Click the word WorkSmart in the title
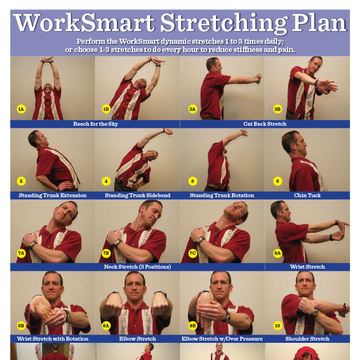pyautogui.click(x=84, y=24)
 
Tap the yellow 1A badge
pyautogui.click(x=21, y=109)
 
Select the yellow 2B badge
pyautogui.click(x=277, y=109)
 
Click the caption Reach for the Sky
pyautogui.click(x=95, y=124)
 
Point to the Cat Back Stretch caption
pyautogui.click(x=265, y=124)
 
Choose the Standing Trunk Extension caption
pyautogui.click(x=53, y=196)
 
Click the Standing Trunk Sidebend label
pyautogui.click(x=138, y=196)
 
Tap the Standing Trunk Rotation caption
pyautogui.click(x=222, y=196)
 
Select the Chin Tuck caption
pyautogui.click(x=307, y=196)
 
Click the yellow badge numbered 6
pyautogui.click(x=277, y=181)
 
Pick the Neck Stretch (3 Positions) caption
pyautogui.click(x=137, y=267)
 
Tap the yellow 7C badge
pyautogui.click(x=192, y=253)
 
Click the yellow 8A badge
pyautogui.click(x=277, y=253)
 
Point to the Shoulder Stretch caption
pyautogui.click(x=307, y=338)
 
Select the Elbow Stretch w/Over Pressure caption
pyautogui.click(x=222, y=338)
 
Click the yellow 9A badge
pyautogui.click(x=106, y=325)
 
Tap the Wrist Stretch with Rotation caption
pyautogui.click(x=53, y=338)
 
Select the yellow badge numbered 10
pyautogui.click(x=277, y=325)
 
